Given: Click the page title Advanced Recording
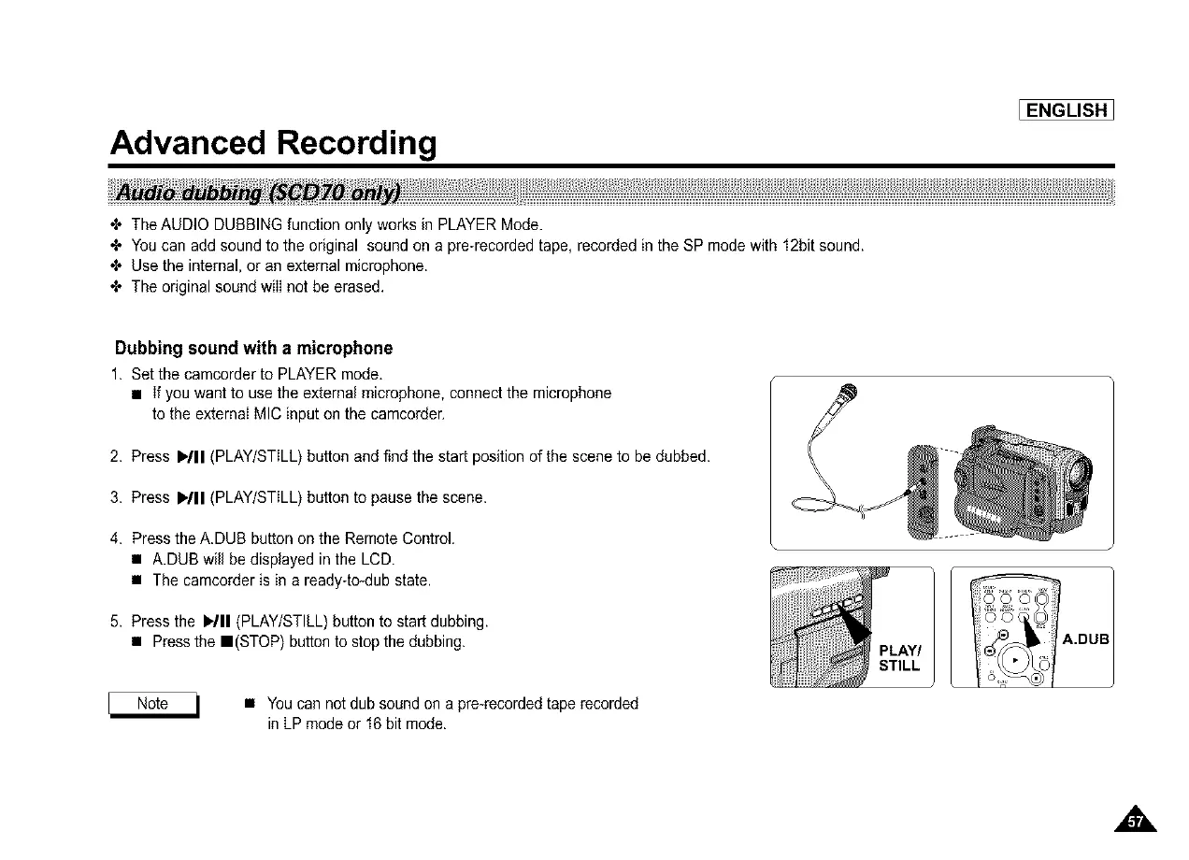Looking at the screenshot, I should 273,143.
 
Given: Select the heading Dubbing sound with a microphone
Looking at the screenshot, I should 253,349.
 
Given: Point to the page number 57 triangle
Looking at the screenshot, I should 1135,821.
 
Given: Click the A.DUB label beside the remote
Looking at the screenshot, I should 1085,639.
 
